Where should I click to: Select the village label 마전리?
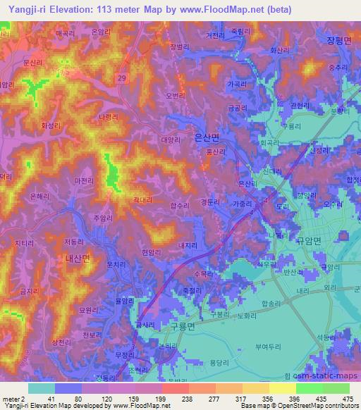pyautogui.click(x=85, y=181)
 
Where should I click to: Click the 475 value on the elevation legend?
pyautogui.click(x=345, y=399)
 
